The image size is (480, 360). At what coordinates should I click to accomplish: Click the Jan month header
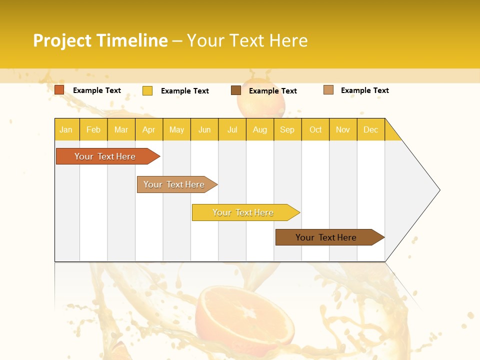[66, 129]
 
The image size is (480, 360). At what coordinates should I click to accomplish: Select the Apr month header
[148, 129]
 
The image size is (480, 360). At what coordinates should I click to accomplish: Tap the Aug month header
[259, 129]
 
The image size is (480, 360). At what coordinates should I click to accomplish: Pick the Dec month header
[370, 129]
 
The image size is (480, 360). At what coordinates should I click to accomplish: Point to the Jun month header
[204, 129]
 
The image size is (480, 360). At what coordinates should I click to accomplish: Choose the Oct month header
[315, 129]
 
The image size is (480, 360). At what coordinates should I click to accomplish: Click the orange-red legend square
[59, 90]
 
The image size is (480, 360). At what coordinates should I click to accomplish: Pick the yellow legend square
[147, 90]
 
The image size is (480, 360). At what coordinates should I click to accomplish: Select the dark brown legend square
[236, 90]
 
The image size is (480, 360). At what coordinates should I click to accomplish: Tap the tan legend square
[328, 90]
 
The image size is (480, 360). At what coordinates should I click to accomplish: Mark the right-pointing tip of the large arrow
[438, 190]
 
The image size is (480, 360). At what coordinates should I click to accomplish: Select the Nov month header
[343, 129]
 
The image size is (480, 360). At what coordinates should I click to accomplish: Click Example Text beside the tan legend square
[364, 90]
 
